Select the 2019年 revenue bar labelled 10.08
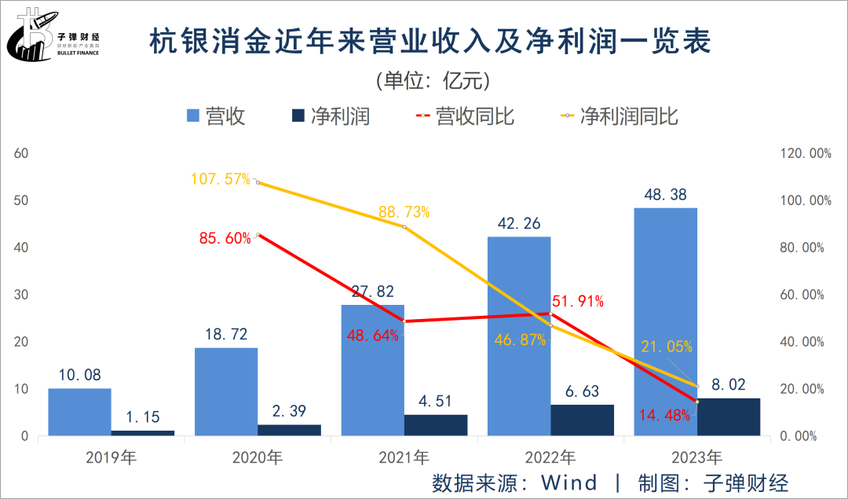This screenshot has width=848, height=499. [x=79, y=412]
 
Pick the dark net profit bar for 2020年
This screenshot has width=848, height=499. [x=289, y=430]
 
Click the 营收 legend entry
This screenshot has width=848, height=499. [x=216, y=116]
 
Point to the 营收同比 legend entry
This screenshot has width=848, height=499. [x=463, y=116]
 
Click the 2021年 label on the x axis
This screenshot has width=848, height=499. [x=404, y=456]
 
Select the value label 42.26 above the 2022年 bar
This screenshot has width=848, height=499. [x=519, y=222]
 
